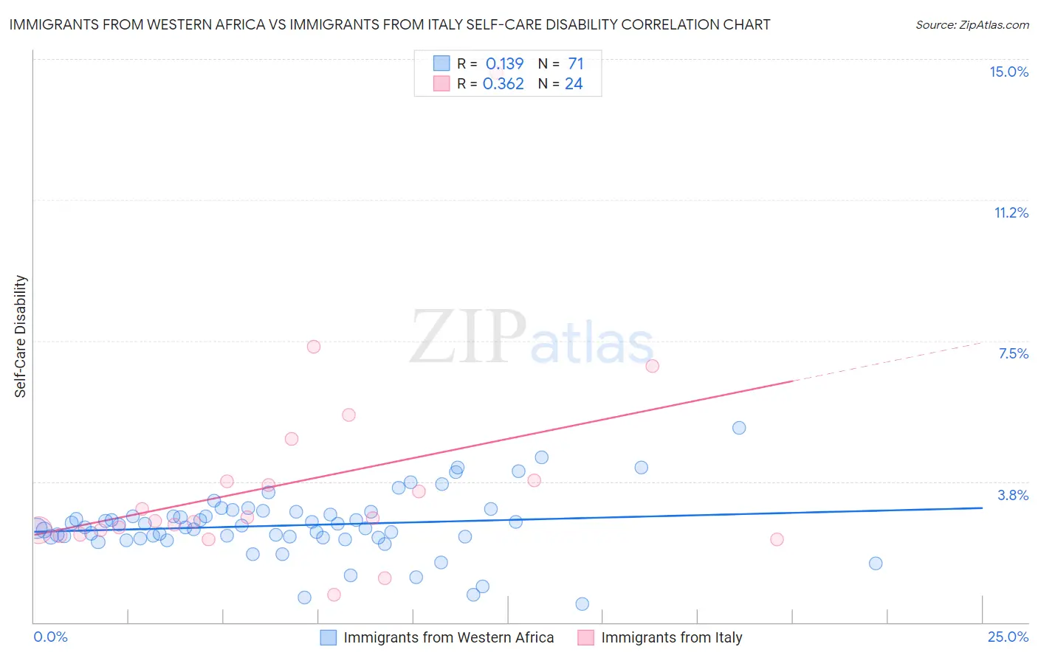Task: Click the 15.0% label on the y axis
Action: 1008,72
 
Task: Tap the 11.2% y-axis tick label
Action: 1011,212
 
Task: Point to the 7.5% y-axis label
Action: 1013,353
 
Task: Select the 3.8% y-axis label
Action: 1013,495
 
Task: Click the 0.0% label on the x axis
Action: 50,637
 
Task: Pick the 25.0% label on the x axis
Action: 1008,637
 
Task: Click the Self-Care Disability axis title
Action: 21,336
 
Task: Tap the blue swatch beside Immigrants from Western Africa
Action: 329,637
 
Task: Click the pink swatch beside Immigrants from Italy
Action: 586,637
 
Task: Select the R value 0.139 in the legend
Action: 504,64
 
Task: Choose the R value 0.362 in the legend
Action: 503,84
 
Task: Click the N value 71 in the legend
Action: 576,64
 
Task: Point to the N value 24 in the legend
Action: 574,84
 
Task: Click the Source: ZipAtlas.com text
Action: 972,25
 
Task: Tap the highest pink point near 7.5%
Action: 314,347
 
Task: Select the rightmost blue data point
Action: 876,564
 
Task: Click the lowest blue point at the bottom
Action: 582,604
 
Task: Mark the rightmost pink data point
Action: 777,539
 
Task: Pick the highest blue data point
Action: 739,428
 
